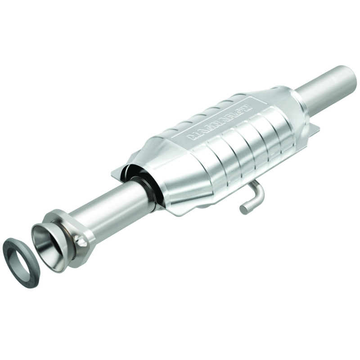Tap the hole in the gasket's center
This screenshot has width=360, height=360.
tap(21, 257)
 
